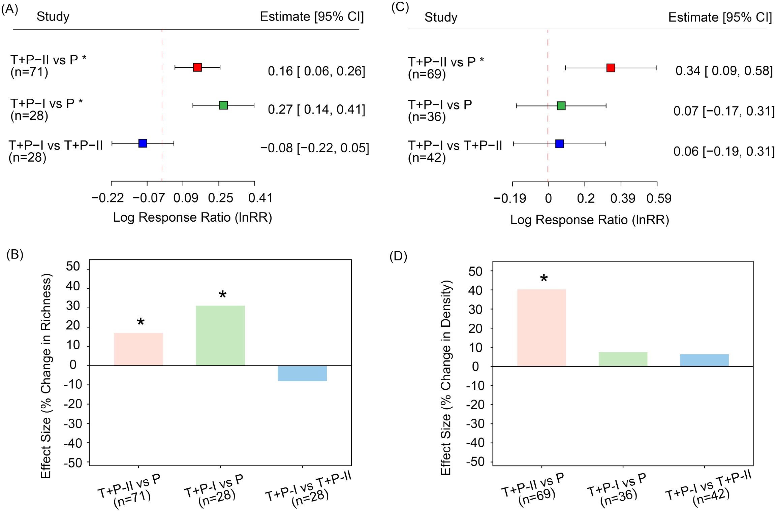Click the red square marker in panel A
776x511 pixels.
tap(197, 67)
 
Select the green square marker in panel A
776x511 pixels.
tap(223, 105)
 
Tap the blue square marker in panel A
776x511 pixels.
tap(143, 143)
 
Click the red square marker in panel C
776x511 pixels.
tap(611, 68)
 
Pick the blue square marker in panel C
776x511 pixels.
tap(560, 144)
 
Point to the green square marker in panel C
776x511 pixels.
tap(561, 106)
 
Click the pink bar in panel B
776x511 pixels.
tap(138, 349)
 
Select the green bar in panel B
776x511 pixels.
tap(220, 336)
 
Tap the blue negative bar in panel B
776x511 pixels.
tap(302, 373)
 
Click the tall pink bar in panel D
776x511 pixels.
tap(541, 328)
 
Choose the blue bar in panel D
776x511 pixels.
tap(704, 360)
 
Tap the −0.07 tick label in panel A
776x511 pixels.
tap(149, 198)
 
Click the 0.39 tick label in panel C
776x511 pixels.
tap(623, 198)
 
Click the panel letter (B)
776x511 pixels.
tap(15, 255)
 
